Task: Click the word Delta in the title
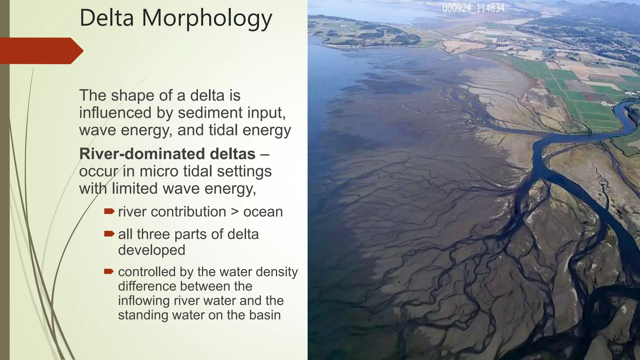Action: coord(107,18)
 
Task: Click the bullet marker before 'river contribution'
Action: coord(109,212)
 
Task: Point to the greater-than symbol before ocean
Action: coord(234,212)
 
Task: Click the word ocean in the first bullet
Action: coord(263,212)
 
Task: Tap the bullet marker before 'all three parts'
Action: coord(109,234)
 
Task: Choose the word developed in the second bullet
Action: coord(152,250)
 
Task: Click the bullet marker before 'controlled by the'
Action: coord(109,271)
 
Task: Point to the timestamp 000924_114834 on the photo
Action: coord(473,8)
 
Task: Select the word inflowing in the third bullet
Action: coord(144,301)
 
